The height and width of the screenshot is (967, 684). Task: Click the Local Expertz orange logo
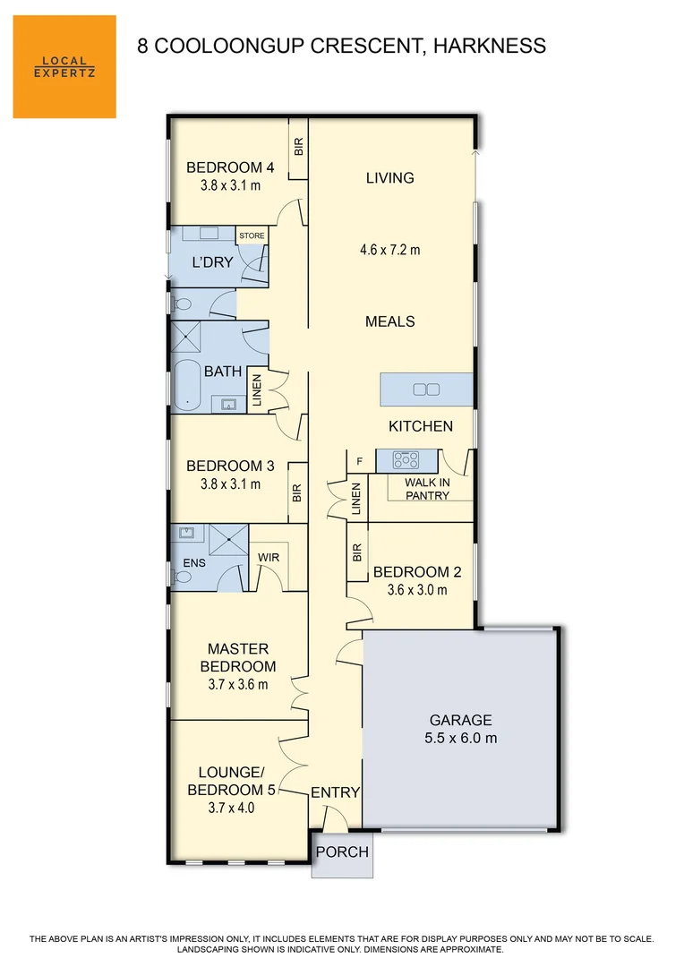(64, 66)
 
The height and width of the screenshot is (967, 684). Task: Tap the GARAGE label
(461, 720)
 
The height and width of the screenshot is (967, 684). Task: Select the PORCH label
(343, 851)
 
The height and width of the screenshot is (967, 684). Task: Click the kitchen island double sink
(426, 389)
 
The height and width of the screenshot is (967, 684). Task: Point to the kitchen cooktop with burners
(406, 460)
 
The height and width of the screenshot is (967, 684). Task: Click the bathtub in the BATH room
(187, 386)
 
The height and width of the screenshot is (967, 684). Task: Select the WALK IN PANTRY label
(427, 488)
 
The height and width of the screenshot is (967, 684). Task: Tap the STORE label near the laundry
(252, 236)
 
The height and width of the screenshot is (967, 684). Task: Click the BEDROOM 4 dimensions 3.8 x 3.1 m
(230, 186)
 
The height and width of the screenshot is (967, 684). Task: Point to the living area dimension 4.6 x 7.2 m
(390, 250)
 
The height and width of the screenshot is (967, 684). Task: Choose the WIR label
(269, 557)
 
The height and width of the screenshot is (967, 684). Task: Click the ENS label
(194, 563)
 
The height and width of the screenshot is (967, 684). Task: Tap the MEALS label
(390, 321)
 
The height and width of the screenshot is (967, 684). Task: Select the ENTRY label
(335, 792)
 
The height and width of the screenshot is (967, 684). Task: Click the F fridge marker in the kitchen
(360, 462)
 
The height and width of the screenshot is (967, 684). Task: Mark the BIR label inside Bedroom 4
(299, 146)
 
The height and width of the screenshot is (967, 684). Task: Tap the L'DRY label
(213, 263)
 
